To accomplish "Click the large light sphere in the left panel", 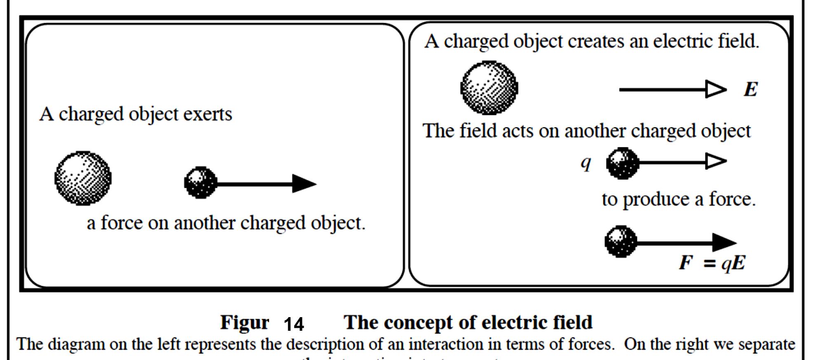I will pyautogui.click(x=83, y=178).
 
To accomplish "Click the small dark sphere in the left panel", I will pyautogui.click(x=200, y=182).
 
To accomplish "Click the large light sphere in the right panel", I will pyautogui.click(x=489, y=88).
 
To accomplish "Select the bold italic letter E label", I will pyautogui.click(x=750, y=89).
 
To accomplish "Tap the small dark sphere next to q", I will pyautogui.click(x=622, y=163).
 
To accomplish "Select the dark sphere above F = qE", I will pyautogui.click(x=621, y=241).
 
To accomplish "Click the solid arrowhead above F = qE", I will pyautogui.click(x=724, y=242).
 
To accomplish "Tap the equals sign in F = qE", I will pyautogui.click(x=710, y=264).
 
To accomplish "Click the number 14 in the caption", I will pyautogui.click(x=294, y=324).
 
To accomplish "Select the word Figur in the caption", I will pyautogui.click(x=244, y=323).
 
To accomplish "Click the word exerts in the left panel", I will pyautogui.click(x=208, y=114).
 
